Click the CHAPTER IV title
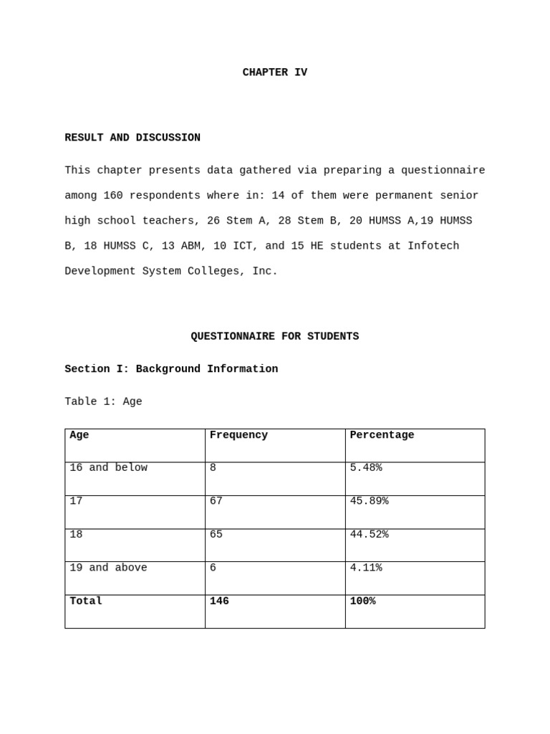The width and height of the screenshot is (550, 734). point(274,72)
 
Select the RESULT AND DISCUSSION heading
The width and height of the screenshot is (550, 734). point(132,138)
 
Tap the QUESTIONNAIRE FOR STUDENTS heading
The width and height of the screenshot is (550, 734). point(274,336)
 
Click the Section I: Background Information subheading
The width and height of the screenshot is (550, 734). point(171,369)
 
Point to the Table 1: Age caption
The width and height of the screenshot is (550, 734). point(103,402)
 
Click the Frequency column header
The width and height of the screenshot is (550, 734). point(238,435)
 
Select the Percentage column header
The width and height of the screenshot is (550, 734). point(382,435)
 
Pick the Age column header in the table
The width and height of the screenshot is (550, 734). point(79,435)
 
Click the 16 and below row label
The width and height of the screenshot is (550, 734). point(108,468)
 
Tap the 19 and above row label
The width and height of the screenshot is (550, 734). point(108,568)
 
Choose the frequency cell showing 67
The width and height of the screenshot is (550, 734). point(216,501)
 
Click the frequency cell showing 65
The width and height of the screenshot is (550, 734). point(216,535)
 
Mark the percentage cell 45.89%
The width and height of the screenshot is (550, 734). point(369,501)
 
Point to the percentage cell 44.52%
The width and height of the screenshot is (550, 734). point(369,535)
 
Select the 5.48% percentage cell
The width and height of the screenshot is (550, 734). point(366,468)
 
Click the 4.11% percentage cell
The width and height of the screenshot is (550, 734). point(366,568)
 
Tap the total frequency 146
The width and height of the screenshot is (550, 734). point(219,601)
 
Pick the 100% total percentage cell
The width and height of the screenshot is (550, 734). point(362,601)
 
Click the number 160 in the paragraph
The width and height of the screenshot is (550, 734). point(113,196)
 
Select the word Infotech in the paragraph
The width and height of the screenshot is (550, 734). point(433,246)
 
